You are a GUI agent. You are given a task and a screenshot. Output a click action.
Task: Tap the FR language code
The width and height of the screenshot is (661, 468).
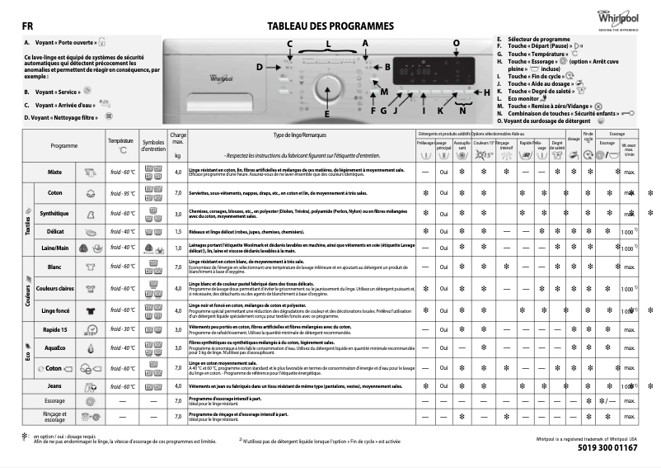[27, 26]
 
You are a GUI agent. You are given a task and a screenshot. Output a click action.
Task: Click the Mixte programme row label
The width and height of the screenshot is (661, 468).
[55, 173]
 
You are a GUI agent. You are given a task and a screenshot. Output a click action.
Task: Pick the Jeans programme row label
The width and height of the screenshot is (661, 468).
[55, 386]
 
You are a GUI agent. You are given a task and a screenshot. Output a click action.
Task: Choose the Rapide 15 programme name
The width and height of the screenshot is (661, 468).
[55, 329]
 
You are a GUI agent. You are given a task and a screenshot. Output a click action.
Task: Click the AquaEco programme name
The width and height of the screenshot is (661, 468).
[55, 348]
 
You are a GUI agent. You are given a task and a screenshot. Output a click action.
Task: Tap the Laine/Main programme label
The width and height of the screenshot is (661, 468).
[55, 248]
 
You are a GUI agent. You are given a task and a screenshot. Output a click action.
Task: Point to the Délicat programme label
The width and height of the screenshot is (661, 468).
[55, 232]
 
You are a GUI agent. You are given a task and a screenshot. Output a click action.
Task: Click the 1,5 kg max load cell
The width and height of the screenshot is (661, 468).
[178, 232]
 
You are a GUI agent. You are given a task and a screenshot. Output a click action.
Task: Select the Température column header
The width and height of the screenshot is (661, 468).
[120, 142]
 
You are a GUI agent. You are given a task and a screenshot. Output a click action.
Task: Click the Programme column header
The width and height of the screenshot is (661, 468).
[64, 145]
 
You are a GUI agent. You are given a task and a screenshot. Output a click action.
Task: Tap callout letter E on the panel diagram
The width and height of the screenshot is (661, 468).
[326, 113]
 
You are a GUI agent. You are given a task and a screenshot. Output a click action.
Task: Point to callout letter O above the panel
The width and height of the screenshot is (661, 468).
[457, 42]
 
